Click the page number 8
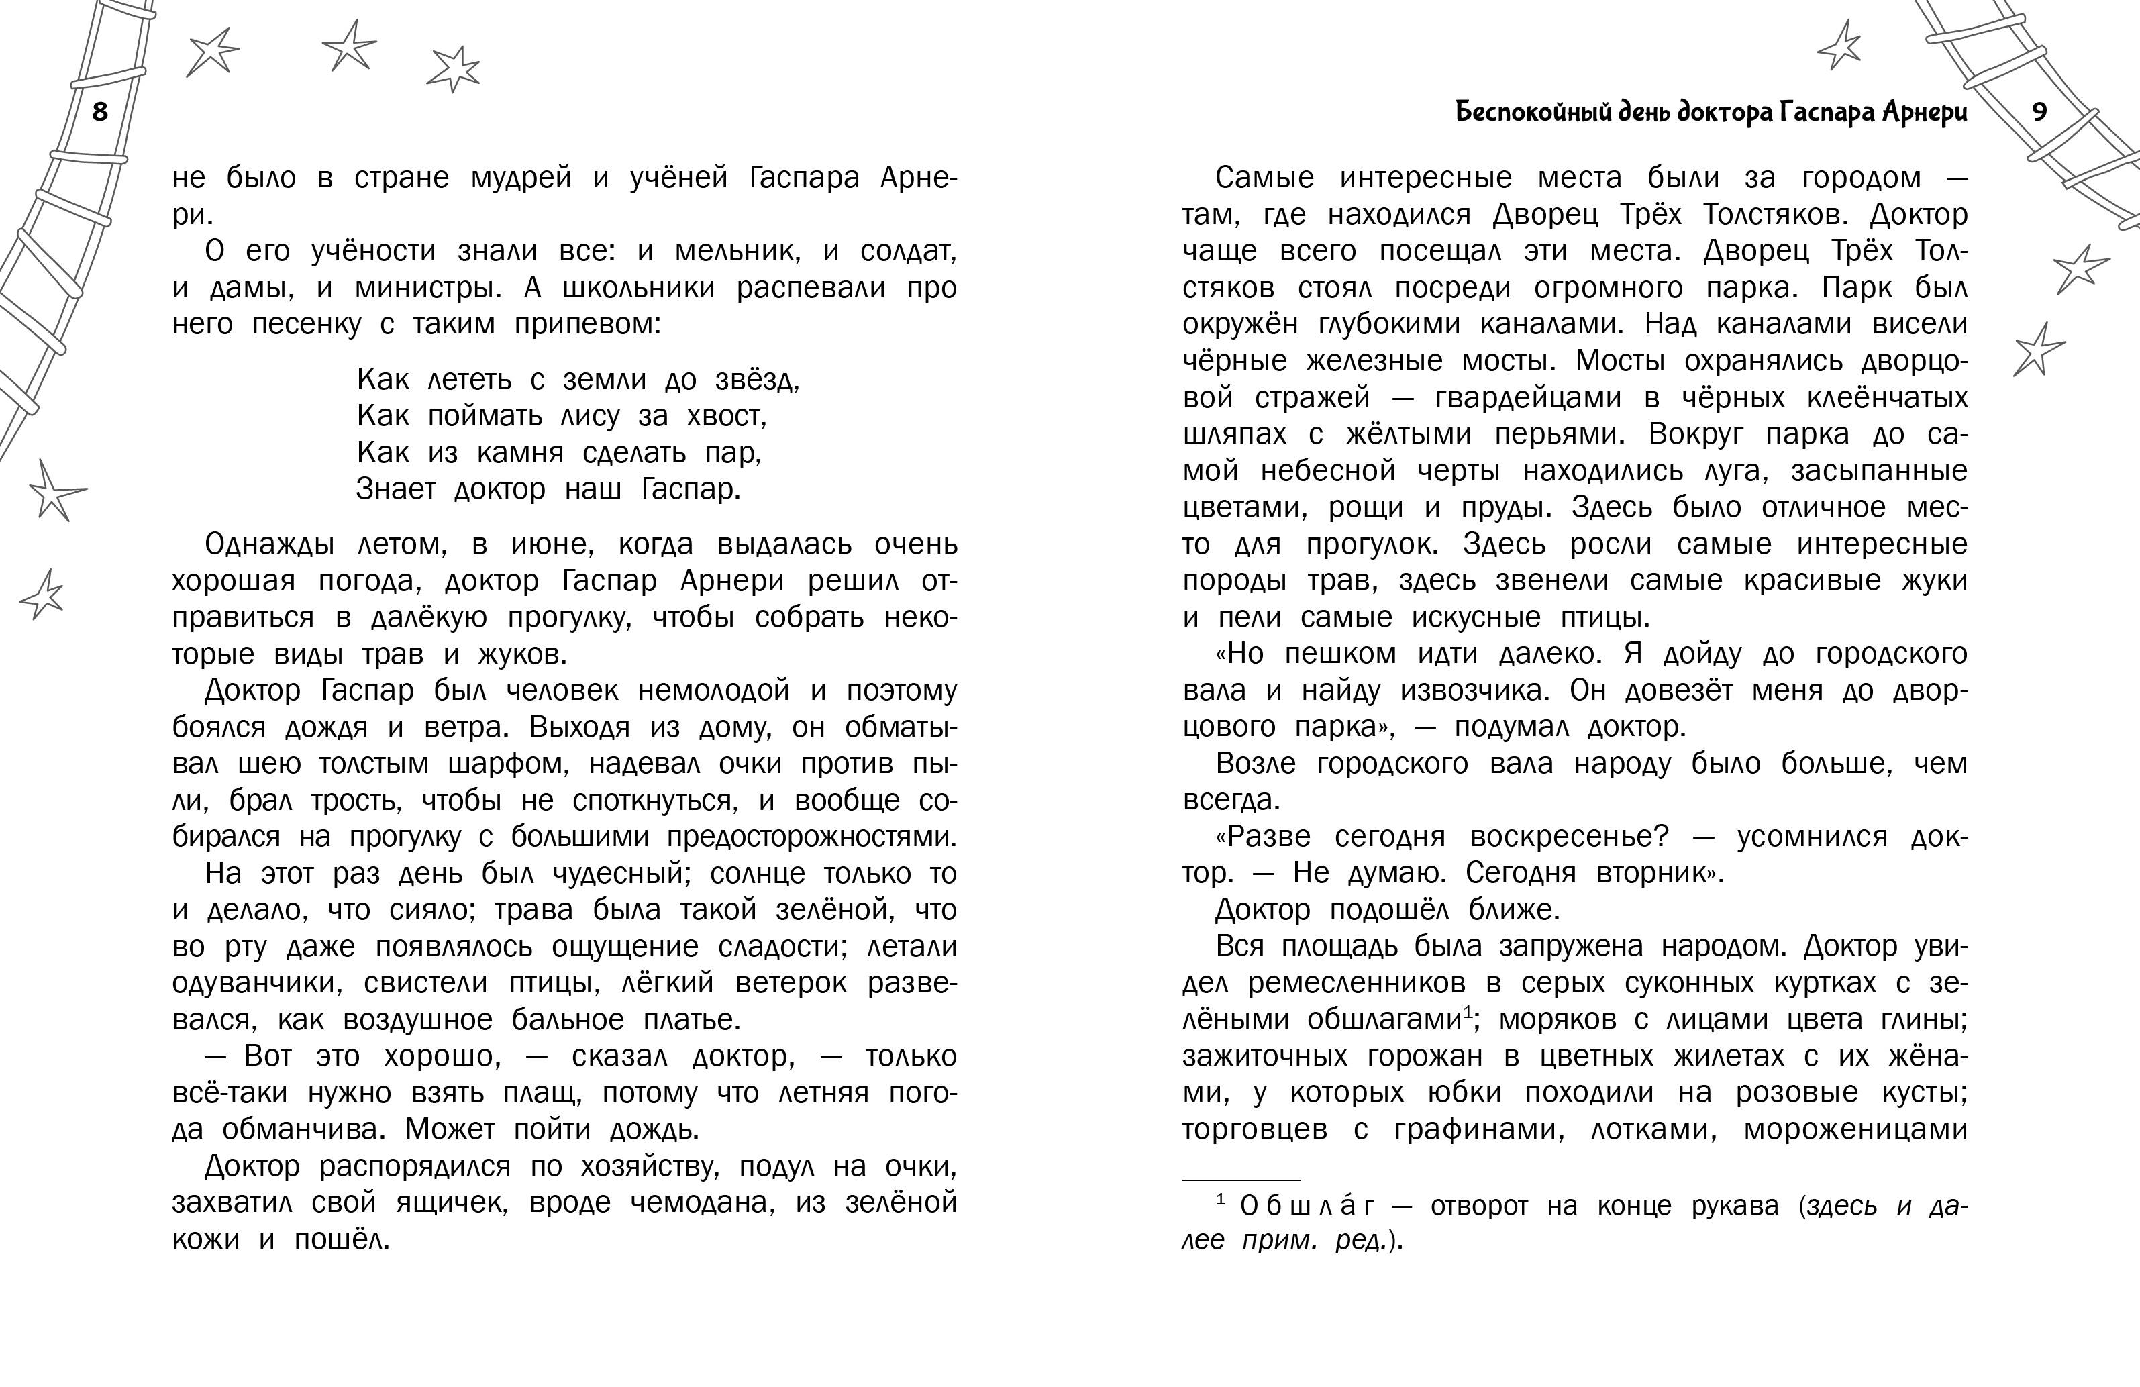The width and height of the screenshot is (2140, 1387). [x=100, y=111]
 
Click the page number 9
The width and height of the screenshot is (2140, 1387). [x=2039, y=111]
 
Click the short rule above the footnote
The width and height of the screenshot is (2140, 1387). [x=1241, y=1180]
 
